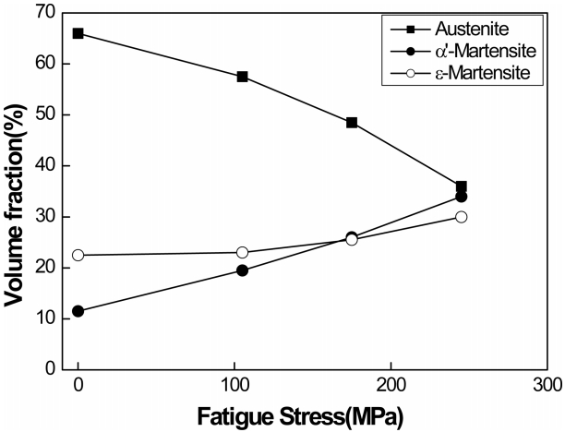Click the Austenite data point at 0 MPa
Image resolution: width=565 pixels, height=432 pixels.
[x=78, y=33]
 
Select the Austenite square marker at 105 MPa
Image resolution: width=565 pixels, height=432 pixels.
[x=243, y=77]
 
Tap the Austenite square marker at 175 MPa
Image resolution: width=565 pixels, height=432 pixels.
[x=352, y=122]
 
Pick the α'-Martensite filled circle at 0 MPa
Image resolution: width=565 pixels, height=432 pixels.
[x=78, y=311]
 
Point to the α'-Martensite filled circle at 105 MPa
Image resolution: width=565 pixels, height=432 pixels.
[x=243, y=270]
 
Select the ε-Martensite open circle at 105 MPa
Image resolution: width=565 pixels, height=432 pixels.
[x=243, y=252]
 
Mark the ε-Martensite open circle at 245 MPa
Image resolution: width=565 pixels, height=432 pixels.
[x=461, y=217]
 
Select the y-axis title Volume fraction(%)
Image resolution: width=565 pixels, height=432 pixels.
[x=16, y=190]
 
